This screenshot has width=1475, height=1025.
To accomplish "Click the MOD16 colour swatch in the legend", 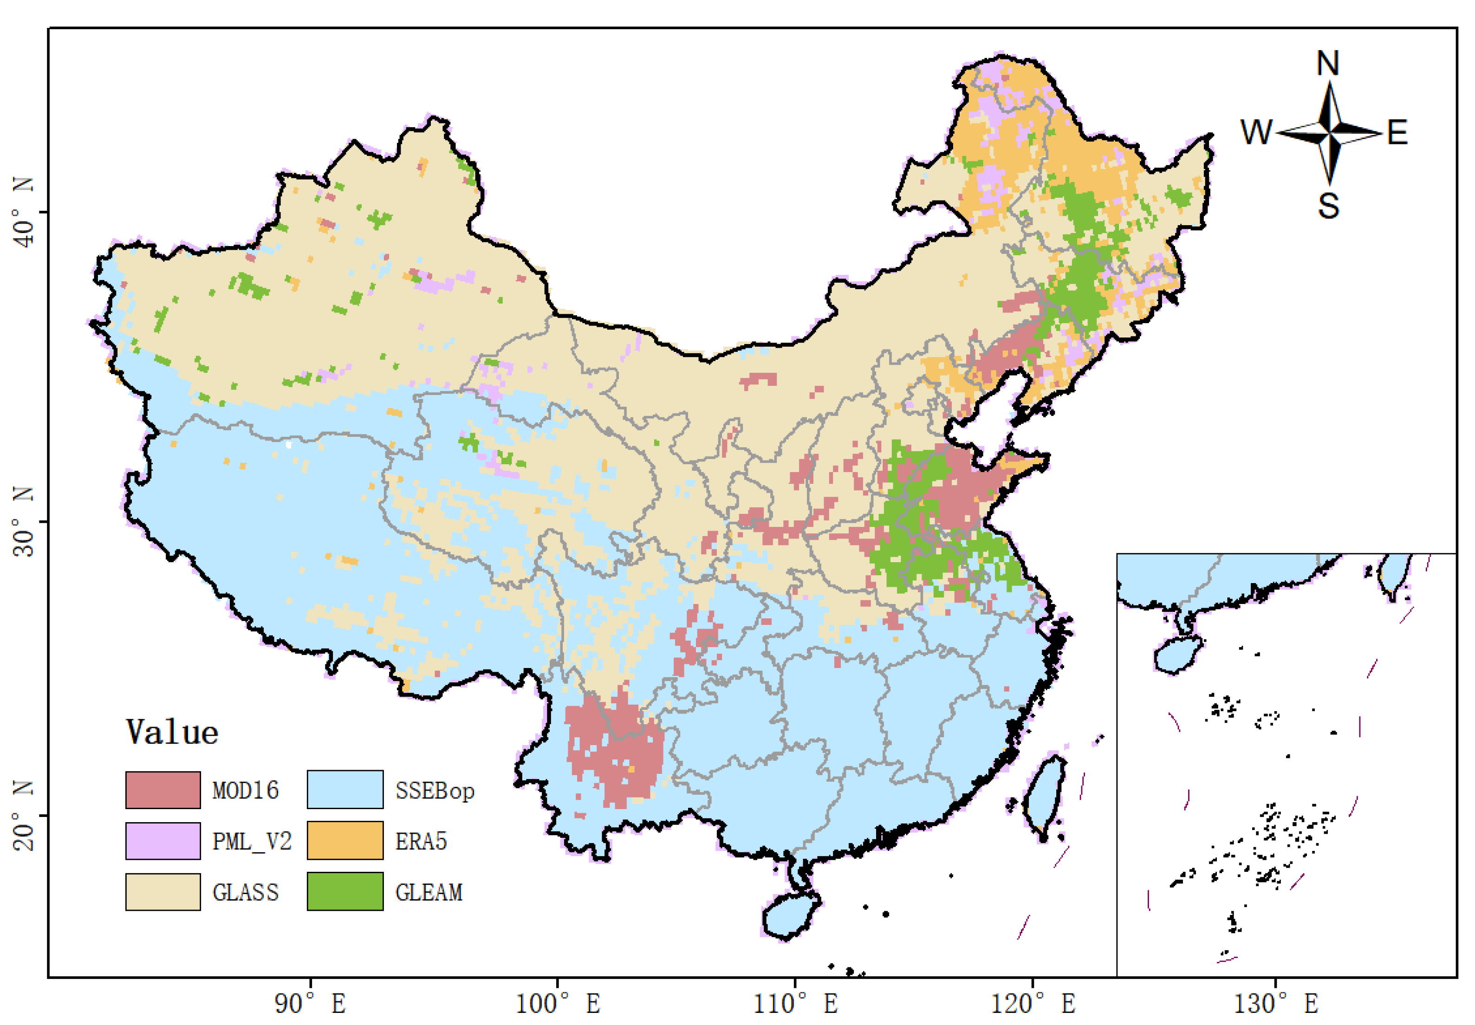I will (162, 789).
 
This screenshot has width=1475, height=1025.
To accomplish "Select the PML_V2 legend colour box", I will (162, 840).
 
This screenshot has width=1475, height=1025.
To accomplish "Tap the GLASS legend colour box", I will (162, 891).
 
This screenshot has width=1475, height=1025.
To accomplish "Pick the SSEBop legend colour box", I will (345, 789).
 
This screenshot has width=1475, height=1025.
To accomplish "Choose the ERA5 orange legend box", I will (345, 840).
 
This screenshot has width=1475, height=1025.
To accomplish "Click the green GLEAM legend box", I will (345, 891).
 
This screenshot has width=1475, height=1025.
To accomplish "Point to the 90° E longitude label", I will (310, 1004).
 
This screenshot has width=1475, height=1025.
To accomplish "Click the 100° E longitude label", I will (558, 1004).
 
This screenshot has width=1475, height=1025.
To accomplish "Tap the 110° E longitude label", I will (795, 1004).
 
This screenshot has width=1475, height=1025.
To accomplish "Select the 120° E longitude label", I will (1033, 1004).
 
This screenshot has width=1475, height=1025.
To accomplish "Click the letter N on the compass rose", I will (1327, 63).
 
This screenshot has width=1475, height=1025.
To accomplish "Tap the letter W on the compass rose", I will (1255, 132).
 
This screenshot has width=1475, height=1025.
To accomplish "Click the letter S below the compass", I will (1328, 206).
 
